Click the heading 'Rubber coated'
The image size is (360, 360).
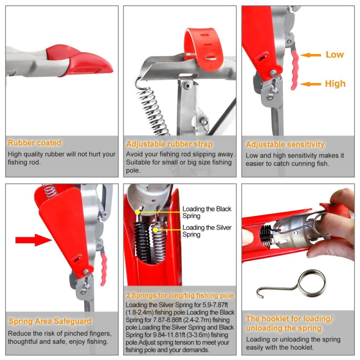[x=35, y=143]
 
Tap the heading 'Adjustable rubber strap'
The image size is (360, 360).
[x=169, y=144]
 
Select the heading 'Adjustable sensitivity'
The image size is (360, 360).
[x=285, y=144]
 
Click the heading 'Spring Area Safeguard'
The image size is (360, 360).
[x=50, y=321]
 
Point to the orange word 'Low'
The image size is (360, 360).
[x=335, y=54]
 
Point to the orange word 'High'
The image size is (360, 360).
[x=335, y=84]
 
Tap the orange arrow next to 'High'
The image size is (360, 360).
[x=311, y=84]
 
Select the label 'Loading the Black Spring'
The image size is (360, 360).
[x=207, y=212]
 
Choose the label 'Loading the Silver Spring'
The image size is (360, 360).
[x=207, y=231]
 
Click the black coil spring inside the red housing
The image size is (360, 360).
[x=143, y=242]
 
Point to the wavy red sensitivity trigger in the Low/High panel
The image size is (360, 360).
[x=294, y=70]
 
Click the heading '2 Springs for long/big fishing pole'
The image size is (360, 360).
[x=180, y=296]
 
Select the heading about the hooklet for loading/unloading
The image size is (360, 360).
[x=289, y=323]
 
